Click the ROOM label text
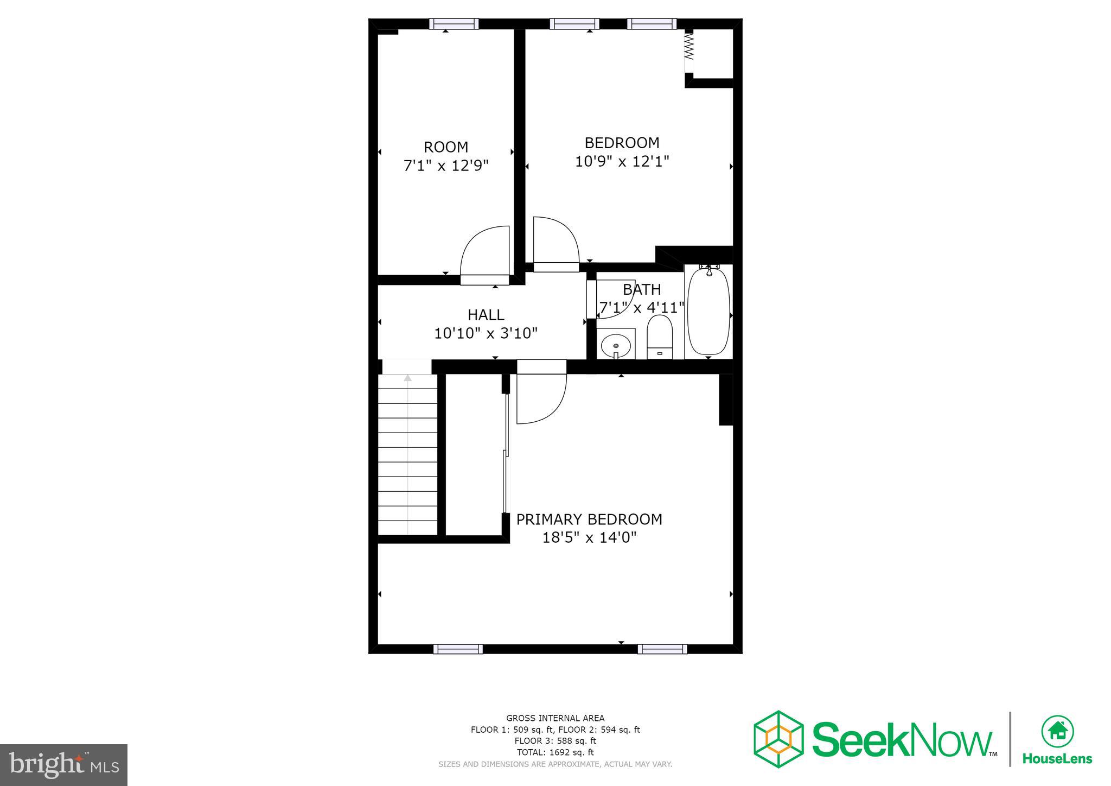pos(445,147)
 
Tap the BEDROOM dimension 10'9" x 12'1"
pos(622,161)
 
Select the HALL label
pos(486,315)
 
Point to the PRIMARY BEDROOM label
pos(589,519)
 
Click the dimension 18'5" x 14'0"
pos(589,537)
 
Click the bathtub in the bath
pos(708,312)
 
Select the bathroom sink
pos(616,344)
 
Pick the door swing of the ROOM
pos(484,253)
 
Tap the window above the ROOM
pos(454,24)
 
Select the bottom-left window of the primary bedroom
pos(458,649)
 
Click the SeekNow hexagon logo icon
pos(778,739)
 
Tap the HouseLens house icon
pos(1057,731)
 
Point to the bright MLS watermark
pos(64,765)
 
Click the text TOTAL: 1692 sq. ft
pos(555,752)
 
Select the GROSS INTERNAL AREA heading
pos(555,718)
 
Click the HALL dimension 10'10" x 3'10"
pos(486,333)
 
